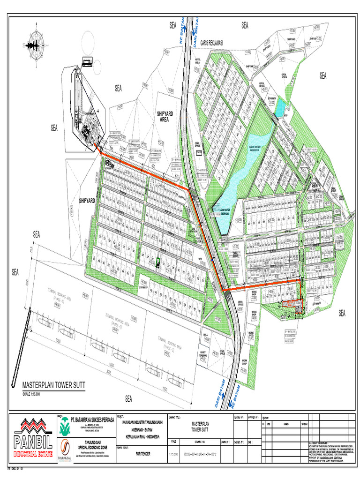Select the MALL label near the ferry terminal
(x=205, y=335)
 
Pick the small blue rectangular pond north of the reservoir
(x=279, y=109)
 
